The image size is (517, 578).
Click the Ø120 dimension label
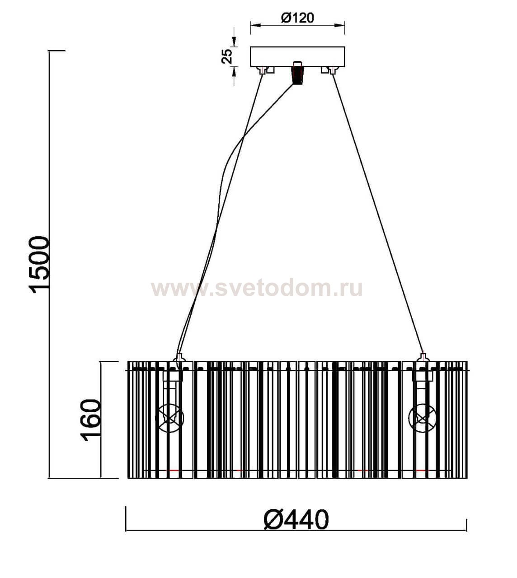coord(297,18)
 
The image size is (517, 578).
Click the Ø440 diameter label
coord(296,520)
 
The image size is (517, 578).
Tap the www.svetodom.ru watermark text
coord(257,288)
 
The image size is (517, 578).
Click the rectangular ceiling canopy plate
coord(297,56)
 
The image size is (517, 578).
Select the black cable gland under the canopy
coord(297,73)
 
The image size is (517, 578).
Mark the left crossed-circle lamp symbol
coord(170,418)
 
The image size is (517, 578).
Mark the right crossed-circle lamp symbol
coord(422,418)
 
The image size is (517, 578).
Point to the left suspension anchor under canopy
coord(262,70)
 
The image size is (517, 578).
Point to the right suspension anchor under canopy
coord(333,70)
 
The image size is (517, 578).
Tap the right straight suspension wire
coord(377,212)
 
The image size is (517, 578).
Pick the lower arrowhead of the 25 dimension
coord(234,70)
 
